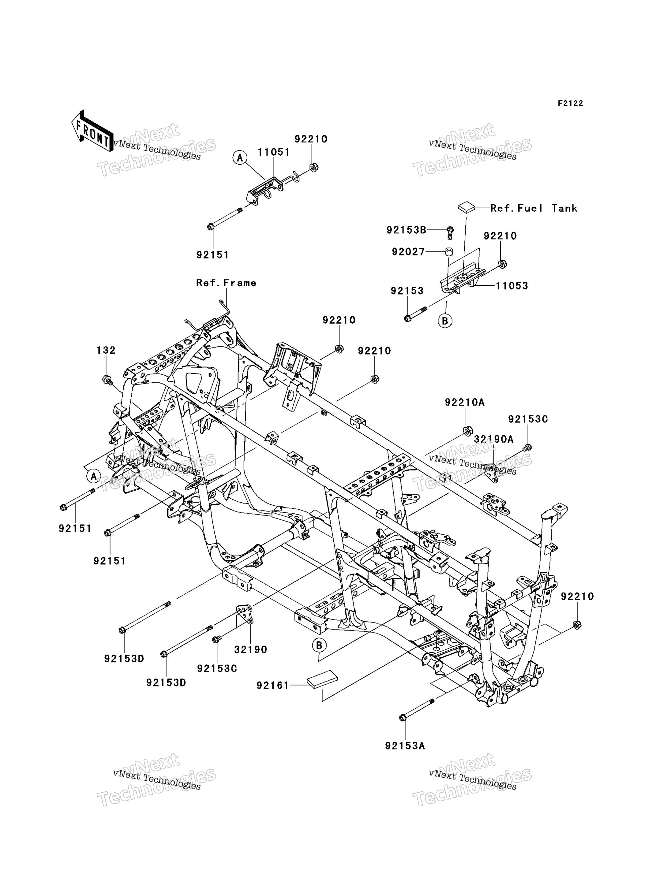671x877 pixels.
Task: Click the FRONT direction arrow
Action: [92, 131]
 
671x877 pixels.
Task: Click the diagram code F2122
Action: [570, 103]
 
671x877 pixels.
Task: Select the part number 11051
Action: [274, 152]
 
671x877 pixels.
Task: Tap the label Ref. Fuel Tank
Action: [534, 208]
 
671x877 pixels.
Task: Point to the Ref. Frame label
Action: [226, 283]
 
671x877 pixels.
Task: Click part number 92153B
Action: [406, 230]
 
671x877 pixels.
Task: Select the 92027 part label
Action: [408, 252]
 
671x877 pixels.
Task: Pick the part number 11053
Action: [512, 286]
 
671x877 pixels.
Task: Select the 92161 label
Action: [273, 686]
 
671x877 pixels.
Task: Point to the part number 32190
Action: [250, 649]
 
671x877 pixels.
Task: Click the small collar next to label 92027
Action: [449, 251]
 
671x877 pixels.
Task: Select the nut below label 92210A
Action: [468, 431]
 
